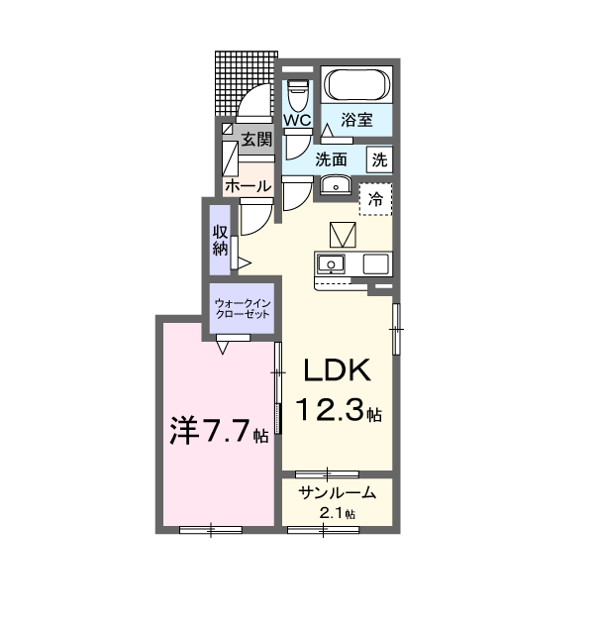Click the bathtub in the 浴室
[x=356, y=84]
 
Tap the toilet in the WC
[x=297, y=95]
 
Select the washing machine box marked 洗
[x=379, y=159]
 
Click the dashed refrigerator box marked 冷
[x=375, y=199]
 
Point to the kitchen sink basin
[x=331, y=264]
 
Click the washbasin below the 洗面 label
[x=336, y=184]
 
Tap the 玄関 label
[x=256, y=140]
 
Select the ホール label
[x=249, y=186]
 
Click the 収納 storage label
[x=220, y=241]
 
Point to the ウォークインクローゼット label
[x=243, y=308]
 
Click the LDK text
[x=337, y=370]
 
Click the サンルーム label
[x=338, y=492]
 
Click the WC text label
[x=297, y=120]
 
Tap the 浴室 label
[x=356, y=120]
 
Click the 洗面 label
[x=331, y=159]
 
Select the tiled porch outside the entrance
[x=246, y=83]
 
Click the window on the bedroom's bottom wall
[x=211, y=530]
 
